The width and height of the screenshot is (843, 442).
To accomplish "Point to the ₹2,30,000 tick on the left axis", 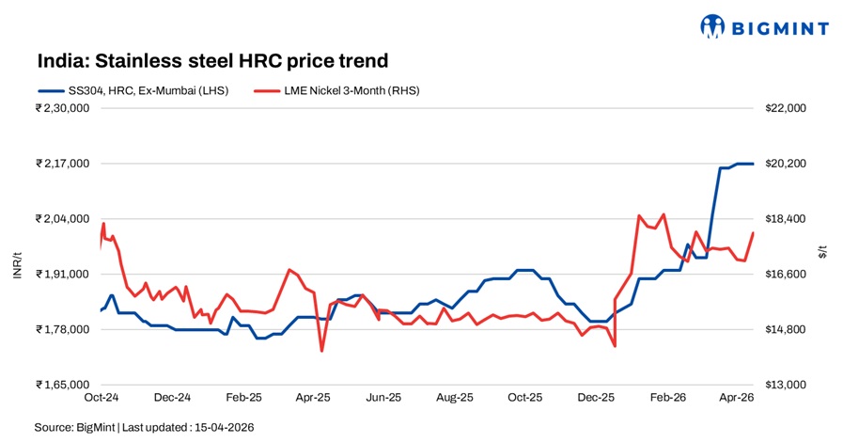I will point(62,108).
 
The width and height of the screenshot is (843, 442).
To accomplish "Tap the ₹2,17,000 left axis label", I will point(62,164).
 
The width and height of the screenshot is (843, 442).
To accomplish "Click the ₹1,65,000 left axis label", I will point(62,385).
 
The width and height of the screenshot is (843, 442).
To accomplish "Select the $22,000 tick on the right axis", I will point(787,108).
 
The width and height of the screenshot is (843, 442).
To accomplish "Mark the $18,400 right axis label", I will point(787,219).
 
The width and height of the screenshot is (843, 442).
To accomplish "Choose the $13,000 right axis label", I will point(787,385).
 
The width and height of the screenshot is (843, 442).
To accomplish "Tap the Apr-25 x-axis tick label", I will point(313,398).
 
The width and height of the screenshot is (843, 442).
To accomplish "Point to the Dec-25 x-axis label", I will point(597,398).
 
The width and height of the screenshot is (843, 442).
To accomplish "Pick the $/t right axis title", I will point(822,249).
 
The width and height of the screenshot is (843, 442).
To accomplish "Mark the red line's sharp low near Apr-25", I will point(321,351).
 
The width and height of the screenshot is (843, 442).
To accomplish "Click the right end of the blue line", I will point(753,164).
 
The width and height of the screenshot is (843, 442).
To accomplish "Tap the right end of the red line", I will point(753,233).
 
